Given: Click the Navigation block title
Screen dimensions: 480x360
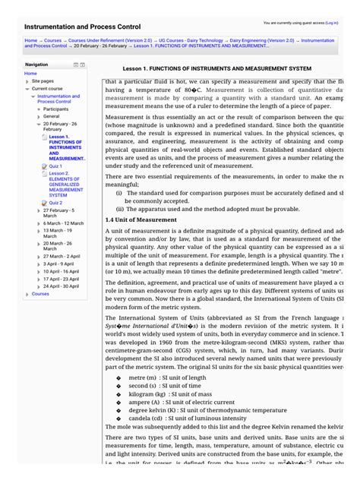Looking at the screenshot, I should point(36,65).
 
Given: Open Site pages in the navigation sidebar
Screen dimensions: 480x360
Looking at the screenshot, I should point(43,81).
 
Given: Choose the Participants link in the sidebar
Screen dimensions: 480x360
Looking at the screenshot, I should point(55,109).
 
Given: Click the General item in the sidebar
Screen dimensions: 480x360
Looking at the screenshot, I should point(52,116).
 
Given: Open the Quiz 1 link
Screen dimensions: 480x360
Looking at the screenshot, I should point(55,166).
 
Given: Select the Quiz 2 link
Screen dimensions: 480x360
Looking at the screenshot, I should point(55,203).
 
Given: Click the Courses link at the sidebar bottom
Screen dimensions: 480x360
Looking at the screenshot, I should point(40,294).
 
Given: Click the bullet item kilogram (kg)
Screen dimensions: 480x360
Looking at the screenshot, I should point(159,394).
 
